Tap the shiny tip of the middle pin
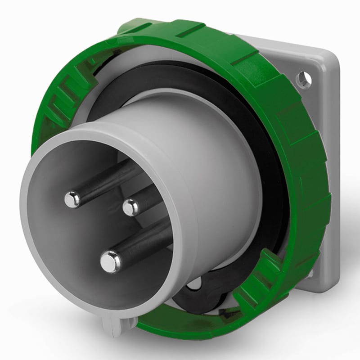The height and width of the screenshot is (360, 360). tap(131, 207)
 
